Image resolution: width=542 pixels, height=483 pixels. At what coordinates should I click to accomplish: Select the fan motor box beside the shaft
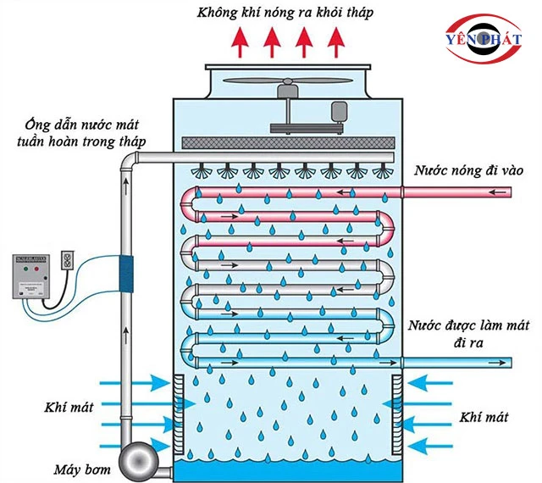click(340, 111)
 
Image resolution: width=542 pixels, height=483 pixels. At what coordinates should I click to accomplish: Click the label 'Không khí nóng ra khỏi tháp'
click(272, 13)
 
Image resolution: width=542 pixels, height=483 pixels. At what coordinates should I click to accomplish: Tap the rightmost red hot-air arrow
click(338, 40)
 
